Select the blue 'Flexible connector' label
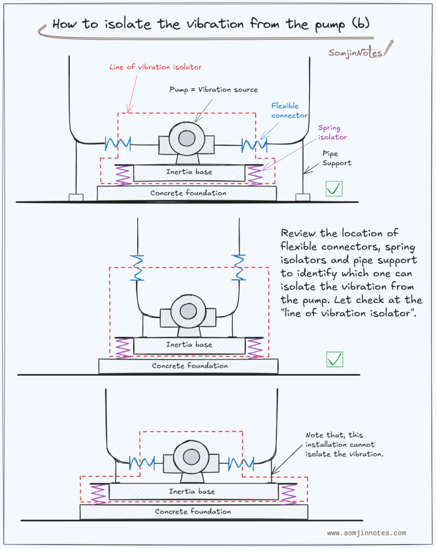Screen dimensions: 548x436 289,111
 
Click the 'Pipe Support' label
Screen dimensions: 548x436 336,158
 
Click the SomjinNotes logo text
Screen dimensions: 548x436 355,52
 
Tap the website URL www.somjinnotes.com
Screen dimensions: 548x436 366,533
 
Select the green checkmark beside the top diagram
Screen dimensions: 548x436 334,188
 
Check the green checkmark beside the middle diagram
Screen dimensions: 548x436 335,359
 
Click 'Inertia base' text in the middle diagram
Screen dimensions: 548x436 189,345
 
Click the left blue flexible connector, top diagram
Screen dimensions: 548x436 118,143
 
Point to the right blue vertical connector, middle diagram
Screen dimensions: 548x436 238,267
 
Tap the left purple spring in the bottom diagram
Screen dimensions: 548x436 99,493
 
